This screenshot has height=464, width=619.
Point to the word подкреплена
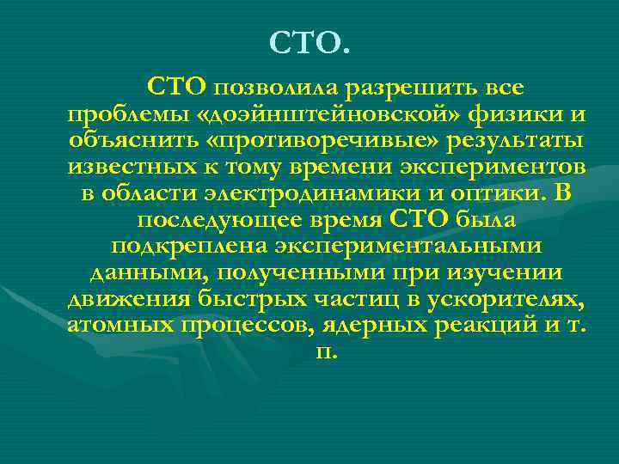point(189,247)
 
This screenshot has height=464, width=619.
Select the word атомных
point(120,327)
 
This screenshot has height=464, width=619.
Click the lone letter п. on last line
point(328,354)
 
